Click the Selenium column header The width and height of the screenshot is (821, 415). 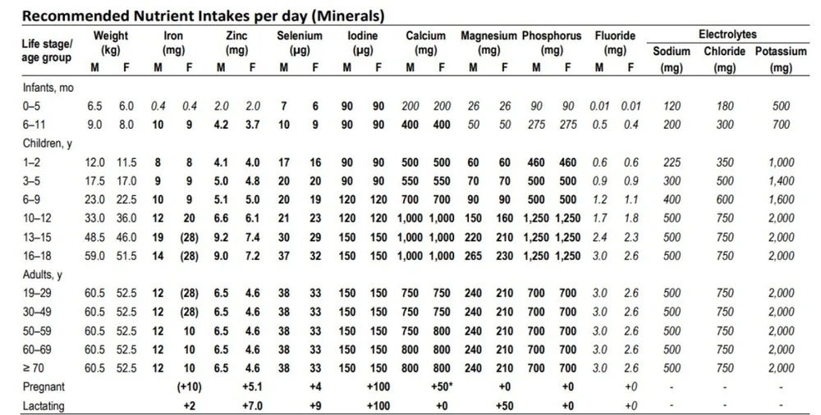pyautogui.click(x=299, y=36)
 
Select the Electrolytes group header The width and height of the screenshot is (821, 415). pyautogui.click(x=727, y=35)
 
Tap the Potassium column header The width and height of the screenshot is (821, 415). pyautogui.click(x=781, y=51)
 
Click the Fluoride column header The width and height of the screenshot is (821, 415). pyautogui.click(x=615, y=36)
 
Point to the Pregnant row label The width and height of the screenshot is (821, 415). pyautogui.click(x=44, y=386)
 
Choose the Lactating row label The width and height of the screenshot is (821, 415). pyautogui.click(x=44, y=405)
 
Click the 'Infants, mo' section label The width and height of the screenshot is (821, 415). pyautogui.click(x=48, y=87)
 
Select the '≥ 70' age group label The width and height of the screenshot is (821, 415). pyautogui.click(x=34, y=368)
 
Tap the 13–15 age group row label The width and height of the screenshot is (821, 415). pyautogui.click(x=37, y=237)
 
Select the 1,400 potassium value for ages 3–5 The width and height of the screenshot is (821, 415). pyautogui.click(x=781, y=180)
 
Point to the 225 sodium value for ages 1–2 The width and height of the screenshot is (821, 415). pyautogui.click(x=672, y=162)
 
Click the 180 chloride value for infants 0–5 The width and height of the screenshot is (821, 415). pyautogui.click(x=725, y=106)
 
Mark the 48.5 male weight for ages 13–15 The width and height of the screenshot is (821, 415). pyautogui.click(x=95, y=237)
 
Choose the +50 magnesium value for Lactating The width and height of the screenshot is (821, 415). pyautogui.click(x=504, y=405)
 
